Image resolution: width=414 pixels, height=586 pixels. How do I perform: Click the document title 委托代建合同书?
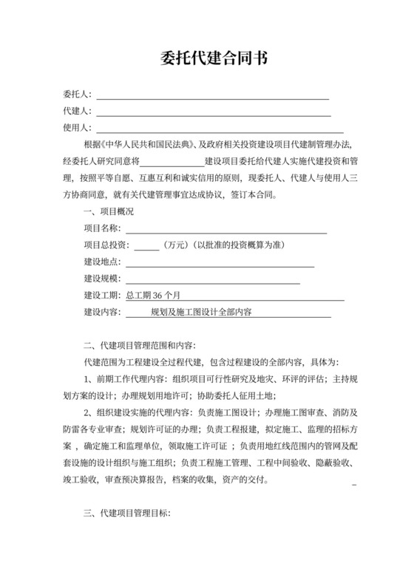pyautogui.click(x=207, y=59)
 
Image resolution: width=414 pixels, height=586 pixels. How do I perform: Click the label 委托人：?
pyautogui.click(x=78, y=94)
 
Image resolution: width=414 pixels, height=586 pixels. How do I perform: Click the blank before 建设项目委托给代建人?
pyautogui.click(x=172, y=163)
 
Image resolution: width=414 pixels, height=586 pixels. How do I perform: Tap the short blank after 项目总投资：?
pyautogui.click(x=146, y=247)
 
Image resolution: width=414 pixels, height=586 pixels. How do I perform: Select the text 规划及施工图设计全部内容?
pyautogui.click(x=201, y=313)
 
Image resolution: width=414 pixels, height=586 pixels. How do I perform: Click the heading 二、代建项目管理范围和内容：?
pyautogui.click(x=140, y=346)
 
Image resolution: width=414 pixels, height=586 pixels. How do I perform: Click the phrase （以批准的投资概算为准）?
pyautogui.click(x=239, y=245)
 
